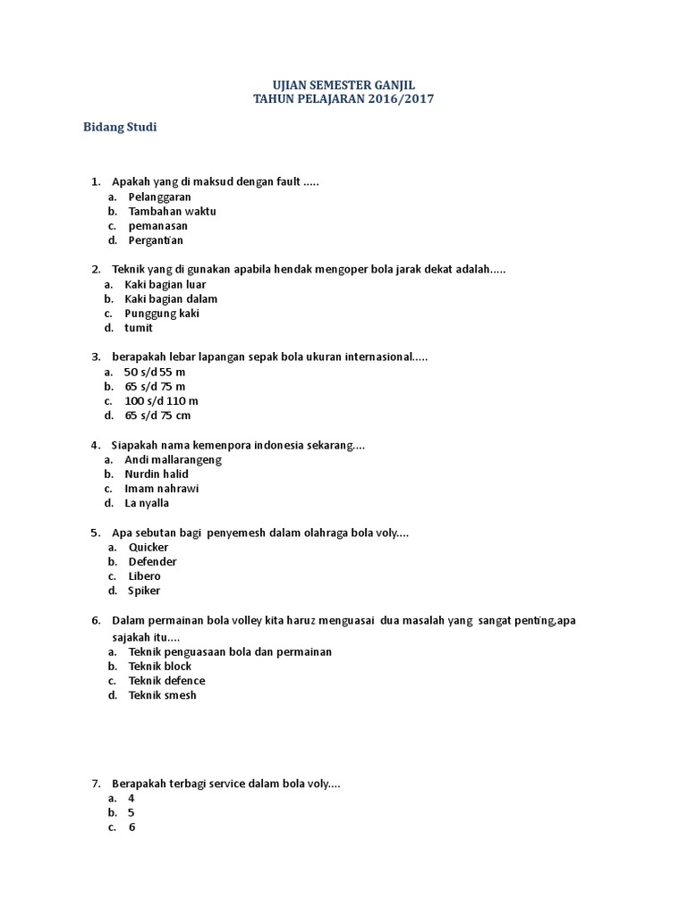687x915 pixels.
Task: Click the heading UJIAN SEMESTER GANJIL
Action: tap(343, 84)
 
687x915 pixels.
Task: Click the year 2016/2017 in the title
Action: tap(400, 99)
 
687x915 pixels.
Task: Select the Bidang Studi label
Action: tap(120, 128)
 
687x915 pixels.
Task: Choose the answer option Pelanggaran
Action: tap(159, 197)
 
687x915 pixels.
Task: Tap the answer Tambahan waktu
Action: tap(172, 211)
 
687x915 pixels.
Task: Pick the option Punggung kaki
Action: tap(162, 314)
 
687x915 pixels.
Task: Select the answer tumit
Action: tap(139, 328)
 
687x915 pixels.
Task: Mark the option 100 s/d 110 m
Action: tap(161, 401)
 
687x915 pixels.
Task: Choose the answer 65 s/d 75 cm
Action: tap(157, 416)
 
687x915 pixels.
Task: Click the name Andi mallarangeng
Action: tap(173, 459)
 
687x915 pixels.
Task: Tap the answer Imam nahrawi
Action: tap(161, 489)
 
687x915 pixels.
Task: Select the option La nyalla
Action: tap(147, 503)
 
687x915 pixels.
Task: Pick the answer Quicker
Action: tap(148, 547)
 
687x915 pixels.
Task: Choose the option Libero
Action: tap(144, 576)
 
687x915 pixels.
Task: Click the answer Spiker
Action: tap(144, 591)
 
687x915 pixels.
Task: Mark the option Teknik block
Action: tap(159, 666)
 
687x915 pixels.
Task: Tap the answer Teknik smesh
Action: tap(162, 695)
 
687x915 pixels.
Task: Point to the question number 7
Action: tap(96, 784)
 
